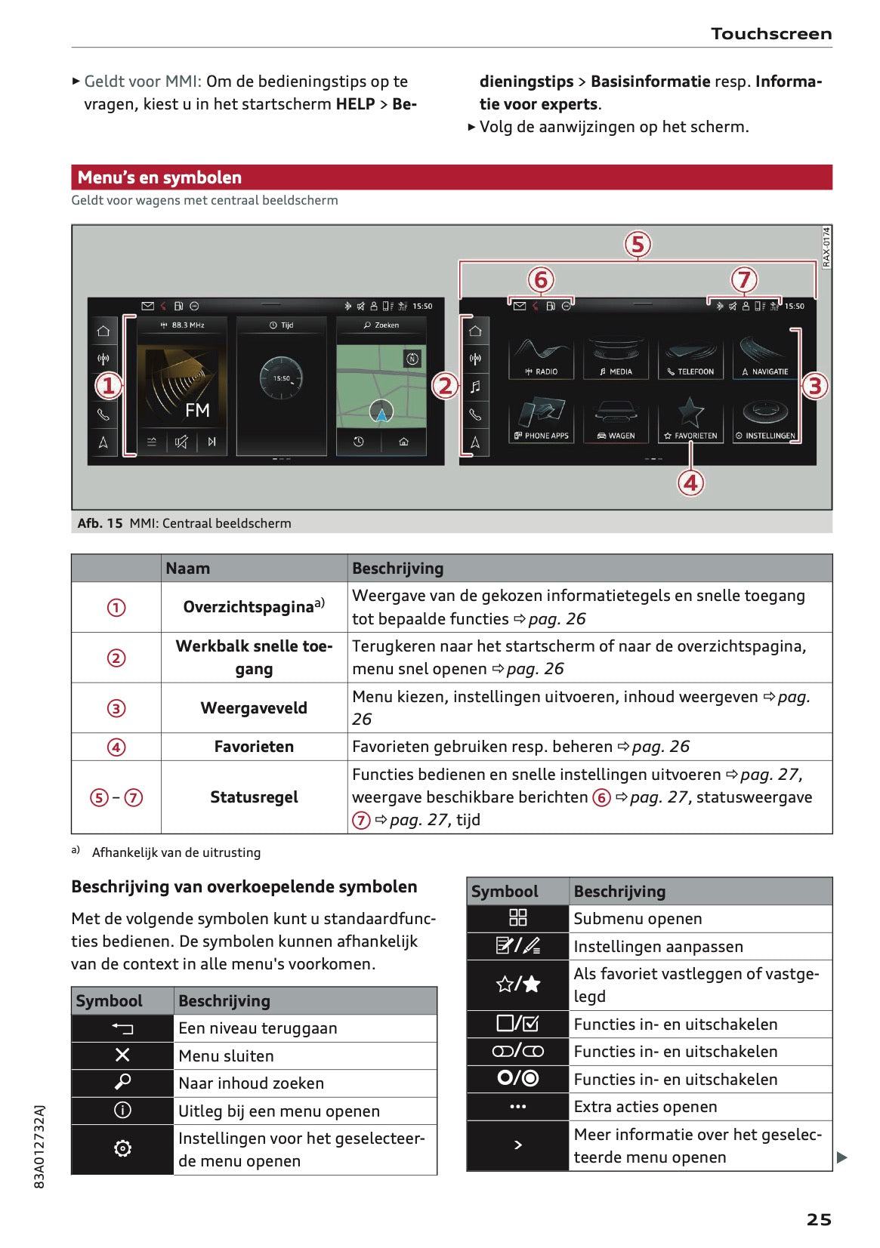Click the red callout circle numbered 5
pos(638,245)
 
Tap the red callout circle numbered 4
pos(690,482)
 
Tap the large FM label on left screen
pos(197,410)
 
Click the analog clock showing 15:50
pos(281,377)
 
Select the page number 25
pos(818,1219)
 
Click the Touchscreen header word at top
pos(770,34)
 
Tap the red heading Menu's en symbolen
pos(159,177)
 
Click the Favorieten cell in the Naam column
pos(254,747)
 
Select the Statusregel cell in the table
pos(254,797)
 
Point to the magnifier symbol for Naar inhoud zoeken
pos(122,1083)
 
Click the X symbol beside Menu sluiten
pos(122,1055)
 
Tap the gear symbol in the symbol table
pos(122,1148)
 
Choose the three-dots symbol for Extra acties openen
pos(517,1107)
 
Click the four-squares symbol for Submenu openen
pos(517,918)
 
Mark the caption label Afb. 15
pos(100,523)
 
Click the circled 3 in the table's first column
pos(116,708)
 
